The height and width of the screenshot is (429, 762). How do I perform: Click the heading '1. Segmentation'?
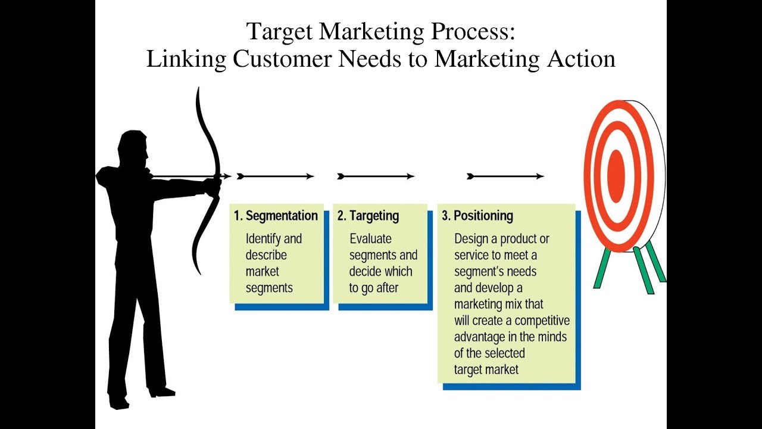[x=276, y=216]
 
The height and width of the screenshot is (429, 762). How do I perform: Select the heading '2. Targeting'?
[x=368, y=216]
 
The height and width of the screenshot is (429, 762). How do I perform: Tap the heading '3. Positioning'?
[x=477, y=216]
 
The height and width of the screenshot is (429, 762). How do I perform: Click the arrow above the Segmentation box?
[x=275, y=176]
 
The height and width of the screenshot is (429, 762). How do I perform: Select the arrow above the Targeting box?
[x=376, y=176]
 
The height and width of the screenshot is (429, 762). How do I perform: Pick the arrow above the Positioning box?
[x=505, y=176]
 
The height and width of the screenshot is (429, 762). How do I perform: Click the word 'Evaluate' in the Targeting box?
[x=370, y=239]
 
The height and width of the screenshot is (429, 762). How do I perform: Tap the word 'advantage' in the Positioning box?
[x=482, y=337]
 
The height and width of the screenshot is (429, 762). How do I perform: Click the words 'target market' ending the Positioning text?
[x=486, y=369]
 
